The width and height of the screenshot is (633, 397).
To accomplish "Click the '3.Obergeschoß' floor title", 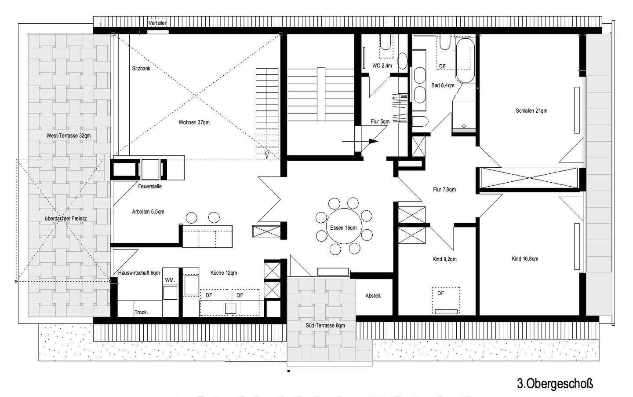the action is (x=555, y=384).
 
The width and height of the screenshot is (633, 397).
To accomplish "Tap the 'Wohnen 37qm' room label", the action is (x=194, y=122).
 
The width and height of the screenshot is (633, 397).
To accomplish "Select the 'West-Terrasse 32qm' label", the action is (x=69, y=136).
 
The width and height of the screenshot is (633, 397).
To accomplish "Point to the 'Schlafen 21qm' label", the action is (x=531, y=110).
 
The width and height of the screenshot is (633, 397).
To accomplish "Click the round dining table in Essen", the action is (x=344, y=226).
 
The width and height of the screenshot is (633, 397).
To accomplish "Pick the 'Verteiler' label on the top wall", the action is (x=157, y=23).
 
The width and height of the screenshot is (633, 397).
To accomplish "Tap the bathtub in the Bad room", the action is (x=465, y=60).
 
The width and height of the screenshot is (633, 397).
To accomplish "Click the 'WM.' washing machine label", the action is (x=170, y=280).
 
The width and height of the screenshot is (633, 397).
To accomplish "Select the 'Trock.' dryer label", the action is (x=141, y=312).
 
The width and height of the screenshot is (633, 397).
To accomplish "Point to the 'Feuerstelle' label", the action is (x=150, y=186).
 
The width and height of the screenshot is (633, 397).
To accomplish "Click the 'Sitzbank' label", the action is (x=141, y=69).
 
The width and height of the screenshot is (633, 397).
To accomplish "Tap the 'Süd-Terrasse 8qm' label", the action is (x=325, y=325).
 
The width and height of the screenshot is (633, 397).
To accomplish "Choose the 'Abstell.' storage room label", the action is (x=373, y=296).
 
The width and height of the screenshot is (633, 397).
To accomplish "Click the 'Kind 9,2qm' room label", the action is (x=444, y=259).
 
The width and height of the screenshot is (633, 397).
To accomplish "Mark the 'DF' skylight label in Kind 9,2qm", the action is (x=440, y=294).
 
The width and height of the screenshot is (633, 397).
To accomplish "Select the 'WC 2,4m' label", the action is (x=382, y=66).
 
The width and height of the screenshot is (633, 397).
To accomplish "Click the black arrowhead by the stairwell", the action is (x=374, y=141).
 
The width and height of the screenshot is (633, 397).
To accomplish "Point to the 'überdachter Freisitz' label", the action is (x=66, y=218).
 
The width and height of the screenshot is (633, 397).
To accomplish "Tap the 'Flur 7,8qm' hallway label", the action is (x=444, y=189).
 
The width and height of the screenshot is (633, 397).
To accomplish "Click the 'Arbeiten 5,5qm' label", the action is (x=148, y=212).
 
